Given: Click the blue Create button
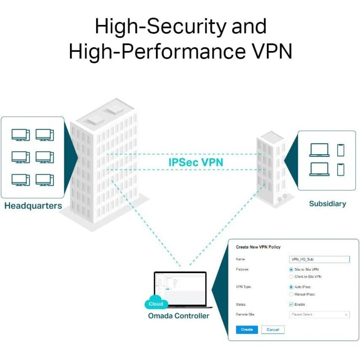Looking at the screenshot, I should (247, 330).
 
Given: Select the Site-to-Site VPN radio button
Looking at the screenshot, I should (291, 270).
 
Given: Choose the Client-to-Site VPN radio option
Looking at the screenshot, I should (291, 276).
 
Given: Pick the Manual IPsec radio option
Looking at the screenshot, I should (291, 294).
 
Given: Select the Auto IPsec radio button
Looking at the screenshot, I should (291, 287).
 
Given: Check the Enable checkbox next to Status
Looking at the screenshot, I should (291, 304).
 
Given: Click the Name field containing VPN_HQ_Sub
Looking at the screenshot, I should (319, 260).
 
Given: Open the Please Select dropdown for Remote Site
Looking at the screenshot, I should (319, 314).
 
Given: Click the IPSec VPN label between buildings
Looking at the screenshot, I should (195, 162).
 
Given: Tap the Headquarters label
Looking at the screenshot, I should (33, 206).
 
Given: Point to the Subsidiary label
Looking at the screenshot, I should (327, 204).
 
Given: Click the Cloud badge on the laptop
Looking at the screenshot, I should (156, 304).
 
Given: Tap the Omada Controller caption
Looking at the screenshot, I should (178, 316).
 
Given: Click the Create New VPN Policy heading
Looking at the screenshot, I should (258, 247).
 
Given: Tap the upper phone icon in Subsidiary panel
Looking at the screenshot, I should (340, 150).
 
